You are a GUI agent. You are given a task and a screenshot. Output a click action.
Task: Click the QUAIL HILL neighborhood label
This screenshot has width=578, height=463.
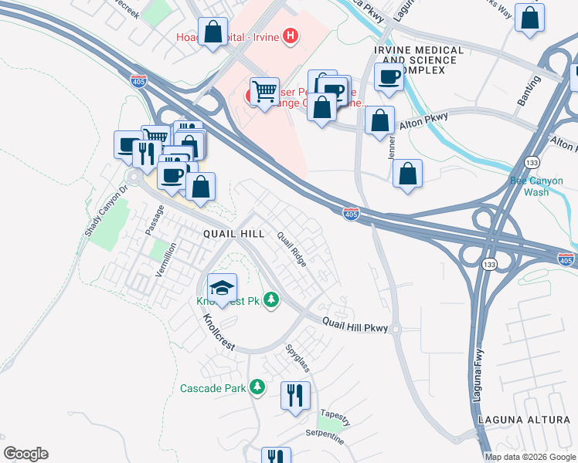[x=233, y=233]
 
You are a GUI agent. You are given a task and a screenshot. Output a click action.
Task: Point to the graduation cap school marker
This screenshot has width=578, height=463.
[x=222, y=289]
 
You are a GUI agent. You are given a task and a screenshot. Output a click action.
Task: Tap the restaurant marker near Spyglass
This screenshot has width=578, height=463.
[x=295, y=395]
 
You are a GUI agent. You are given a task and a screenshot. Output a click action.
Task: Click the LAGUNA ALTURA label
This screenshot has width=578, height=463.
[x=529, y=417]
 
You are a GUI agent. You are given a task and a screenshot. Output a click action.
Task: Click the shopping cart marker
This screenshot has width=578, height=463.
[x=265, y=92]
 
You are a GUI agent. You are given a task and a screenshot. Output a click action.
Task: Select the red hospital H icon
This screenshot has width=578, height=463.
[x=290, y=35]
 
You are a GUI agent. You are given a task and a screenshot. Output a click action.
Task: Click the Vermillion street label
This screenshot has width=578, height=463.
[x=165, y=259]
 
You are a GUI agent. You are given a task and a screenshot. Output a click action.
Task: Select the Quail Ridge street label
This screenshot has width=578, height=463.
[x=291, y=250]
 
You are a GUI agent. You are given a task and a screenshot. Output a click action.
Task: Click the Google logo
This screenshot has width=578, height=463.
[x=26, y=454]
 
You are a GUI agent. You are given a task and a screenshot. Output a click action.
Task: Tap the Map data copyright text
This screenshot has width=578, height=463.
[x=530, y=457]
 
